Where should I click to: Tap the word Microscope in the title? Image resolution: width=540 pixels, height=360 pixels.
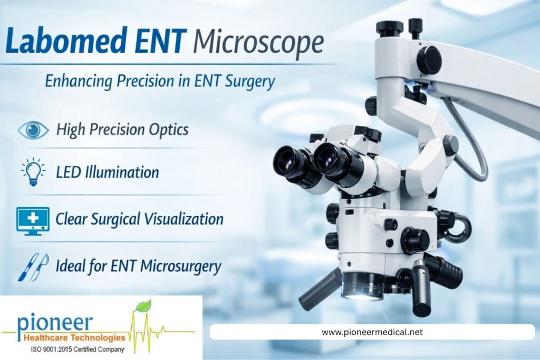258,42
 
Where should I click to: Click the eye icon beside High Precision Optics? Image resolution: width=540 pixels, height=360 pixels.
33,130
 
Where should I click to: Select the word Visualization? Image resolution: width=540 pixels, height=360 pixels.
182,219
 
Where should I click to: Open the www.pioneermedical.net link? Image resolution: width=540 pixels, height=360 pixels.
372,332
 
